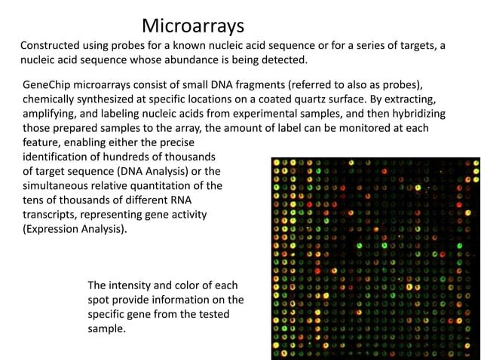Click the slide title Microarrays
(x=192, y=26)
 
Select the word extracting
(x=411, y=99)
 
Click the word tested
(x=222, y=315)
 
